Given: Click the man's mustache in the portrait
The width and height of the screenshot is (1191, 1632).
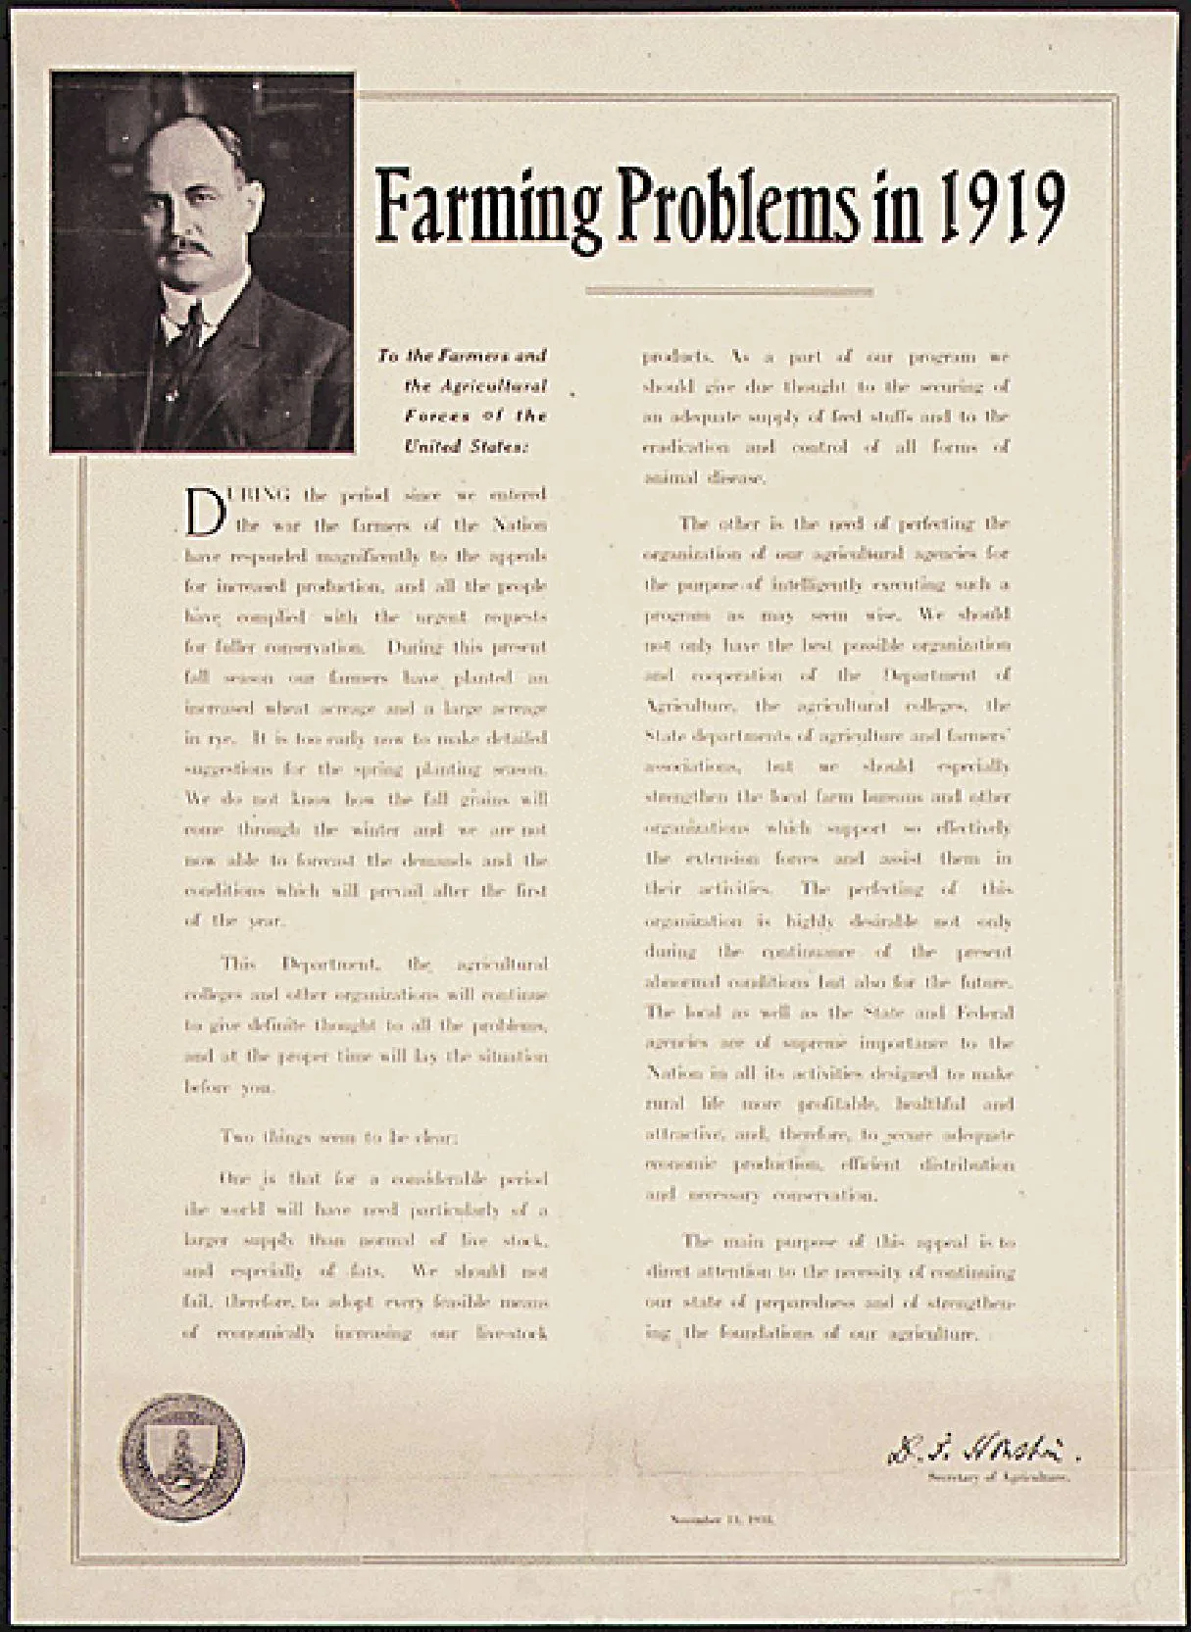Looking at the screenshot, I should [188, 246].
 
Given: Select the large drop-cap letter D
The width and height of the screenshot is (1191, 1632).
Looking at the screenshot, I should [205, 513].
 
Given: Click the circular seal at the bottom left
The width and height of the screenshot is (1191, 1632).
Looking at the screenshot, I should [182, 1458].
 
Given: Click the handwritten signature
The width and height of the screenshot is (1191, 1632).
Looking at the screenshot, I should [981, 1449].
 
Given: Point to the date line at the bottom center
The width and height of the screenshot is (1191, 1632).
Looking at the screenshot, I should [722, 1519].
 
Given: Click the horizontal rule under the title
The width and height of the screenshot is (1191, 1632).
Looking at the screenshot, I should [728, 291].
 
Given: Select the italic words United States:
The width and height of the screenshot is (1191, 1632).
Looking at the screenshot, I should [467, 447].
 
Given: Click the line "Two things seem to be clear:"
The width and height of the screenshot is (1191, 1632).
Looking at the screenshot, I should [338, 1137].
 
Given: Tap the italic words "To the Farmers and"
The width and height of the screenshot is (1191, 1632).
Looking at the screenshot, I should [462, 356].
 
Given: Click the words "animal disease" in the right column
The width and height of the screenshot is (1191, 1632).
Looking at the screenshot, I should [704, 478].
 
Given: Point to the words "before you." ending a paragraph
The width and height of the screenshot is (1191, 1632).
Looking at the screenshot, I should [229, 1087].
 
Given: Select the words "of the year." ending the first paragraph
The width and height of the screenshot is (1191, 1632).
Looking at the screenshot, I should [234, 921].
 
